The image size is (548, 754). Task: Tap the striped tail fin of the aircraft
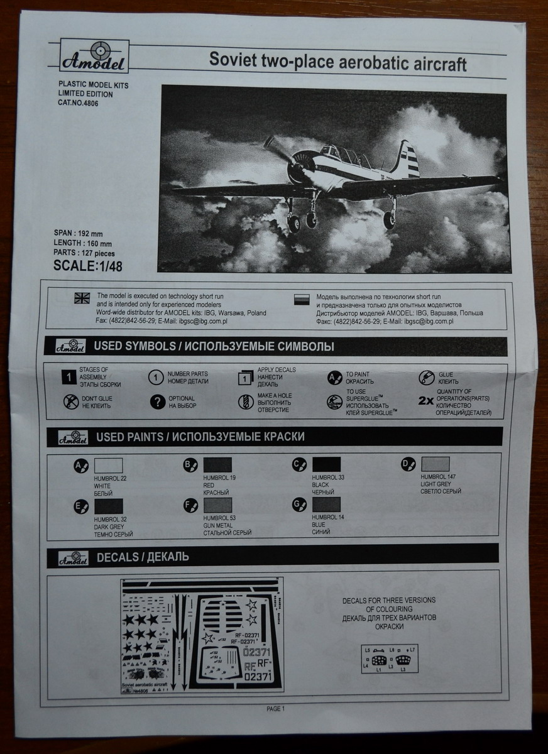pos(407,160)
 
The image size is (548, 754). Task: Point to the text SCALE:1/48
pos(88,266)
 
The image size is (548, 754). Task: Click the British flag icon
pos(82,298)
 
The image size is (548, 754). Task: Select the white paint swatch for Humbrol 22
pos(108,465)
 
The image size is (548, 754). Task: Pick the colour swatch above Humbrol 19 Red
pos(217,465)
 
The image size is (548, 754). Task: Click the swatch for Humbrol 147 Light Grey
pos(435,464)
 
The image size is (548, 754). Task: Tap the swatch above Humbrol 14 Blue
pos(326,505)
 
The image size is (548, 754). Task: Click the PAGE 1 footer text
pos(275,709)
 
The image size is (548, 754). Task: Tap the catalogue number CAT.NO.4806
pos(77,103)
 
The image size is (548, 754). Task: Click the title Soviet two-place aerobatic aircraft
pos(338,62)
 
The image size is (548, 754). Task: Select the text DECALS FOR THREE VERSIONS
pos(389,600)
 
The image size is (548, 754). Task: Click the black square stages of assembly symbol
pos(70,377)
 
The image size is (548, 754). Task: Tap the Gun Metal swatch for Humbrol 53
pos(217,505)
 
